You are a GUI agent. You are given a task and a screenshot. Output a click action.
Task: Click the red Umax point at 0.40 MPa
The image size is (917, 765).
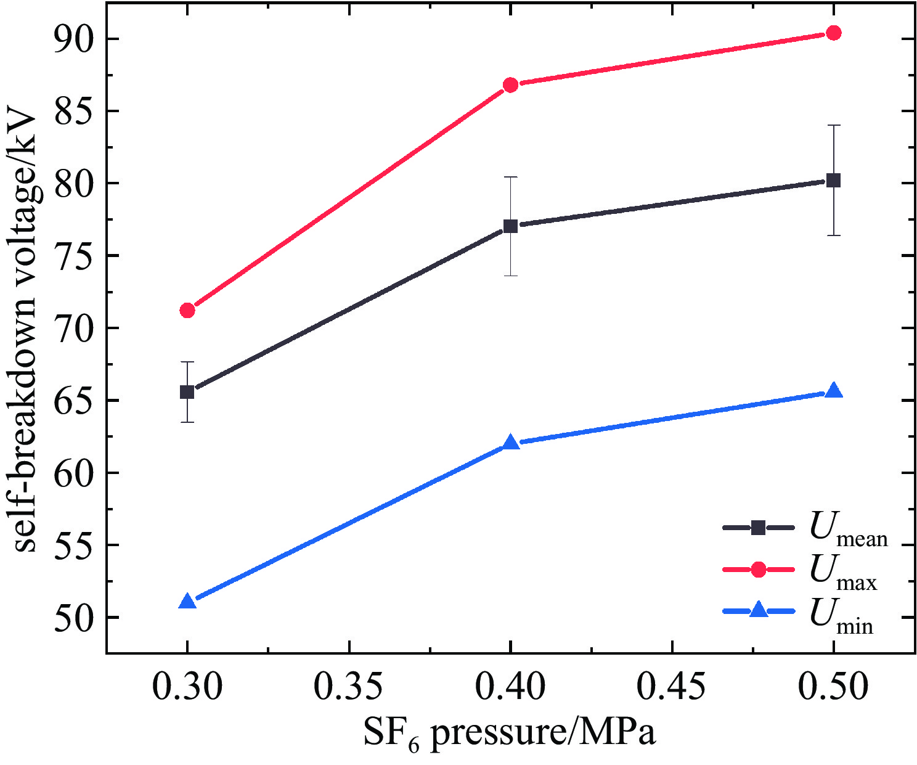(x=510, y=85)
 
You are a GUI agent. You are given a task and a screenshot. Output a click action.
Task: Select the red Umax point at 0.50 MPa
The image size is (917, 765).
(x=834, y=33)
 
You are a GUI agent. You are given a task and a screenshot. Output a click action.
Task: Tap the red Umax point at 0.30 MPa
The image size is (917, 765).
(x=187, y=310)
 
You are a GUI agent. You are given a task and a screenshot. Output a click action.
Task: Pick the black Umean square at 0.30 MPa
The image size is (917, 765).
(x=187, y=392)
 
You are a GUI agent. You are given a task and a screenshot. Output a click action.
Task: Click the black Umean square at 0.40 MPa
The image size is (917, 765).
(x=510, y=226)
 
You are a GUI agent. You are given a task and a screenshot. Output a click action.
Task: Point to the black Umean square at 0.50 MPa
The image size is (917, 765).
(x=834, y=181)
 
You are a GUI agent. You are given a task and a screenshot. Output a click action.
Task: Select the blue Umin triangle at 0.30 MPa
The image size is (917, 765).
(x=187, y=602)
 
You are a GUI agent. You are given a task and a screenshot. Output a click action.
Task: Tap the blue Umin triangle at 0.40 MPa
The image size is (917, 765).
(x=510, y=443)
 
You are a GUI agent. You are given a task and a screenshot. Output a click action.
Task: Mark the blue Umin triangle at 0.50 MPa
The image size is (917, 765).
(x=834, y=391)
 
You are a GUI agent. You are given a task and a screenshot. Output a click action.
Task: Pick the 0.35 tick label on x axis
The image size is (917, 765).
(x=349, y=687)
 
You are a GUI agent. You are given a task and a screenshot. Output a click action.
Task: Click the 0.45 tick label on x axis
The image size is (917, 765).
(x=672, y=687)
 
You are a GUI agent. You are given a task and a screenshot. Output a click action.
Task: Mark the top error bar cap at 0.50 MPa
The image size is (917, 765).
(x=834, y=125)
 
